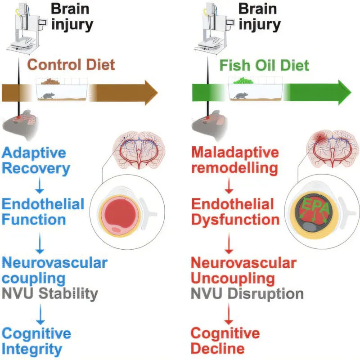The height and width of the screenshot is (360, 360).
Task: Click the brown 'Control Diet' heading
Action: (x=71, y=64)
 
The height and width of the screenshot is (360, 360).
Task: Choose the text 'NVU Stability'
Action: (x=50, y=294)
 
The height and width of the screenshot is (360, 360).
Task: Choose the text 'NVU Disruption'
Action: (x=247, y=294)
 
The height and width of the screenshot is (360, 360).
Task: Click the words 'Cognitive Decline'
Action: (x=225, y=341)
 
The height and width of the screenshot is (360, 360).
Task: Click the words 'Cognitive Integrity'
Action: (x=36, y=341)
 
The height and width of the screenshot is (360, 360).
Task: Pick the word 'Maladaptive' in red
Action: (x=235, y=153)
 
